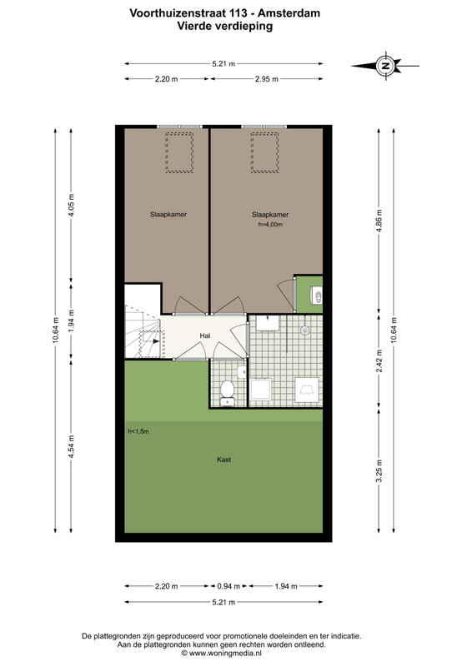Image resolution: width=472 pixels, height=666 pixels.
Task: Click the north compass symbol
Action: (385, 66)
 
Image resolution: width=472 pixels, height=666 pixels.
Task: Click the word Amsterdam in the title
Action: (289, 13)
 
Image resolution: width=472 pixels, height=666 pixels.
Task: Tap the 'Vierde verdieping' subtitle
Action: (224, 26)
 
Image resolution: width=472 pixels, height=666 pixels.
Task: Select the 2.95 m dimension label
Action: (267, 79)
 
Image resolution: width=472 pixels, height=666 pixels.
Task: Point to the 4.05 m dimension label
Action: (71, 205)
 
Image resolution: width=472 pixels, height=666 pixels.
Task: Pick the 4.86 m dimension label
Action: (379, 221)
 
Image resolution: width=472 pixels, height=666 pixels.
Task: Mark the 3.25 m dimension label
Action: (379, 470)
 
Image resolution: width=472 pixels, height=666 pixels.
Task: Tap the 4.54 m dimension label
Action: (71, 446)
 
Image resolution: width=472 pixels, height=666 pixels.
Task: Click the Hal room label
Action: (205, 335)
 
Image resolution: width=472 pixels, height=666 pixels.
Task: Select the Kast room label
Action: (223, 460)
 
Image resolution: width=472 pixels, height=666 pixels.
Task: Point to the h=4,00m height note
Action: (270, 224)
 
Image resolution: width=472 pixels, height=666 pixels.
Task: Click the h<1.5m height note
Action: (138, 431)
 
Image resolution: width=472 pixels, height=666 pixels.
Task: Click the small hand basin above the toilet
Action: (242, 372)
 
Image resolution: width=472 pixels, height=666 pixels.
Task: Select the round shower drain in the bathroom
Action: (304, 330)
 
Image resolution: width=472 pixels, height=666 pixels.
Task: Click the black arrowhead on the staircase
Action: (156, 340)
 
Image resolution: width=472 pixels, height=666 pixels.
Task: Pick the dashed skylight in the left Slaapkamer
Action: (179, 152)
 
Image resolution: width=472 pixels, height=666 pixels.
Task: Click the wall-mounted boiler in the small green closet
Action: (317, 296)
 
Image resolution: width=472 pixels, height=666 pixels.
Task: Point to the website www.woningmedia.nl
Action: (222, 654)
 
